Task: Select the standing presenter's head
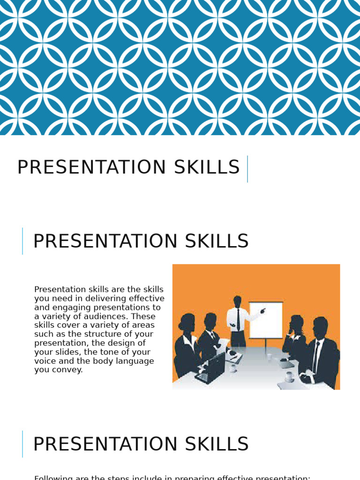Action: [238, 301]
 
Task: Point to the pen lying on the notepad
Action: [233, 358]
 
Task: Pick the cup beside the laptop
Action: [233, 368]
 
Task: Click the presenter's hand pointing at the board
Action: [262, 310]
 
